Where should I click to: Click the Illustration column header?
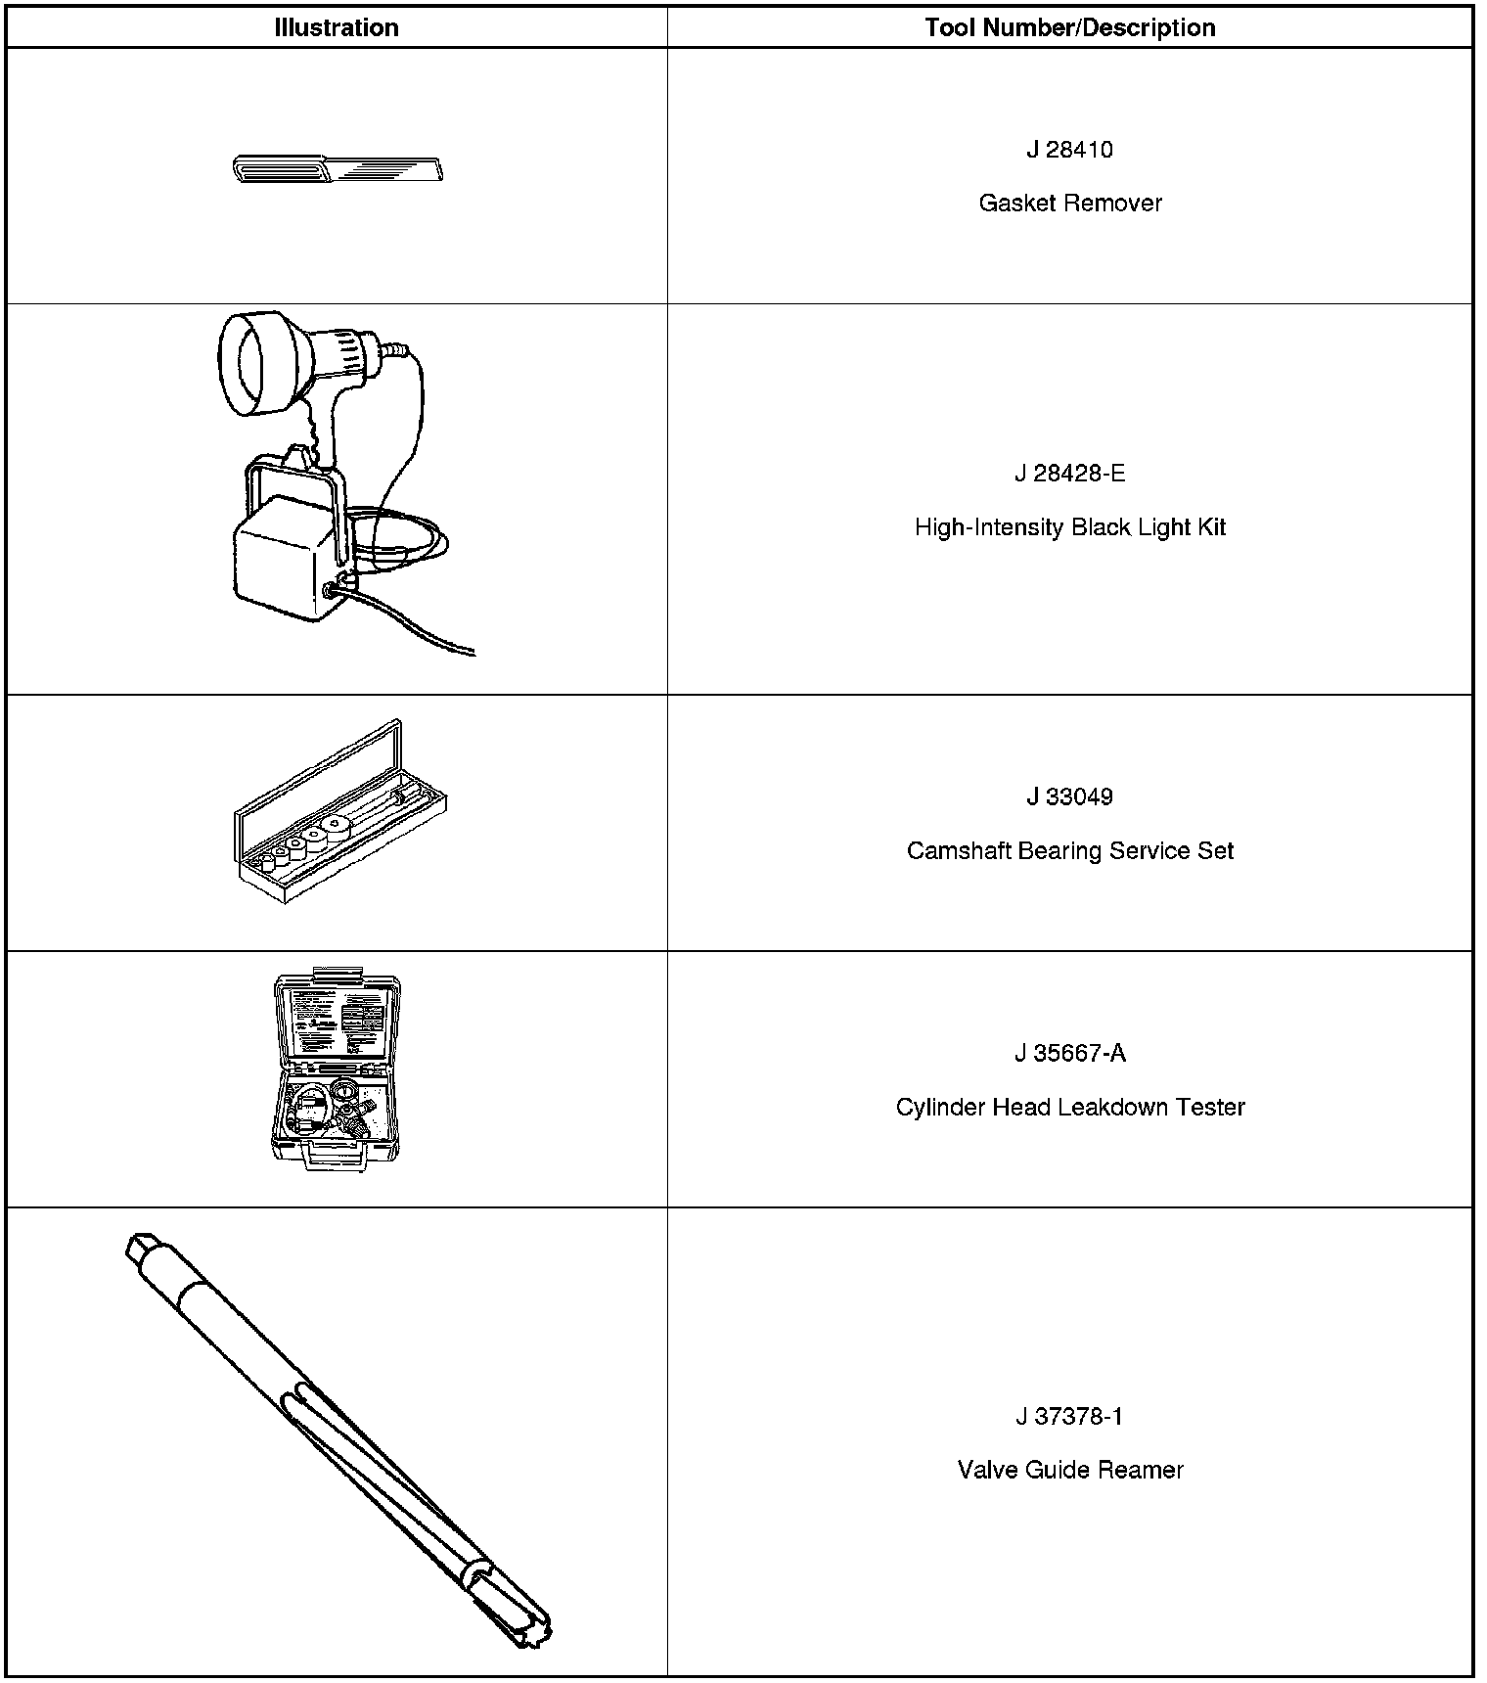click(x=337, y=27)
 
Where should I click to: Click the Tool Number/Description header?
click(x=1070, y=27)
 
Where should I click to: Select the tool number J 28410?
click(x=1069, y=150)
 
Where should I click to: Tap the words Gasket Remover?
click(x=1070, y=204)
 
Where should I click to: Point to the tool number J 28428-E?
click(x=1069, y=474)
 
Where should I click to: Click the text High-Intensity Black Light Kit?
click(x=1070, y=527)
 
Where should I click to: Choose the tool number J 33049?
click(x=1069, y=796)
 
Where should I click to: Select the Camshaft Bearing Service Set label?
click(x=1070, y=850)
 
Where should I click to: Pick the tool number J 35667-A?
click(x=1069, y=1053)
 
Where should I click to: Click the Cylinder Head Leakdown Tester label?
click(x=1070, y=1107)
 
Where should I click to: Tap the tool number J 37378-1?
click(x=1069, y=1416)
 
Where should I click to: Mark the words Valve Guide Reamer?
click(x=1070, y=1470)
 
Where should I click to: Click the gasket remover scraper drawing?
click(x=338, y=170)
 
